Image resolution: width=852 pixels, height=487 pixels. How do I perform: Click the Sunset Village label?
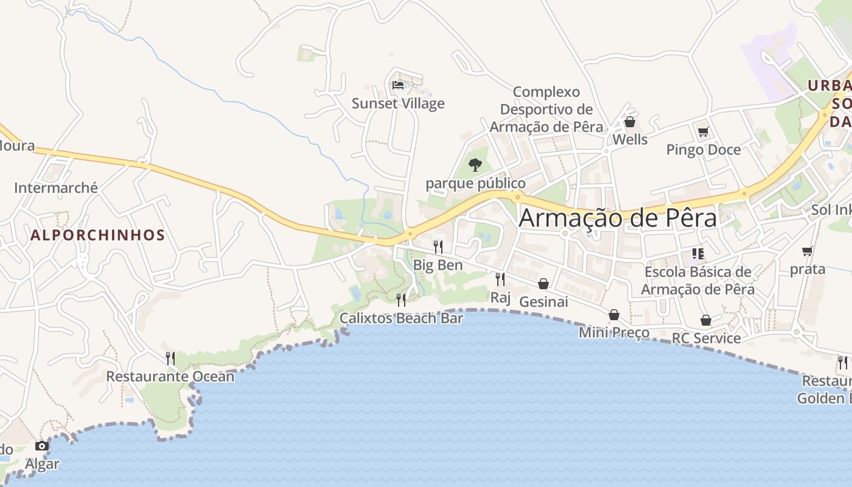tap(398, 103)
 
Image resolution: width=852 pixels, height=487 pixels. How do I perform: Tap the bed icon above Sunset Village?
tap(398, 85)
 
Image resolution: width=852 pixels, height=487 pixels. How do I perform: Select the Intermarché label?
tap(56, 187)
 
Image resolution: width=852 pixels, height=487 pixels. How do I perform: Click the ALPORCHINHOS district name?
tap(98, 235)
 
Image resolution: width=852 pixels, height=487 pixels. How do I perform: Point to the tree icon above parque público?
tap(475, 164)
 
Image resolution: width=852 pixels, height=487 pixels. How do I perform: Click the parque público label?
tap(475, 183)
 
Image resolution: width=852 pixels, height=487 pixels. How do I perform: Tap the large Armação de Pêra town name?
tap(618, 218)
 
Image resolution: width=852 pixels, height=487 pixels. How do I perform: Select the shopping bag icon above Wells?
tap(630, 122)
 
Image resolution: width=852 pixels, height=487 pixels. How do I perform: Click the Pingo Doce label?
tap(704, 150)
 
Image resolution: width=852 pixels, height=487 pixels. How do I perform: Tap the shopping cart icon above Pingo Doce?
tap(704, 131)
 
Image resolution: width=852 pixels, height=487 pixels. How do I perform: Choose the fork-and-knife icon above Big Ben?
tap(438, 247)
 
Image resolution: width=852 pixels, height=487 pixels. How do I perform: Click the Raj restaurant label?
tap(500, 298)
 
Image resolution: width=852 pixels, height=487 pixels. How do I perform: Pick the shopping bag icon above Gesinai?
tap(543, 284)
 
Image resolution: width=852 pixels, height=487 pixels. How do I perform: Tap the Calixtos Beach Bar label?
tap(401, 318)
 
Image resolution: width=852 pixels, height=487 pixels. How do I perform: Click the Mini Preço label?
tap(614, 332)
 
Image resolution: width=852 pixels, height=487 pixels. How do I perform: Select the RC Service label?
tap(706, 338)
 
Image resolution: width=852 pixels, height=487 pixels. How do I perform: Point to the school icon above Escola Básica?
tap(697, 253)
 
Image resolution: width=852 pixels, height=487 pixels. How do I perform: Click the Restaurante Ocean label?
tap(170, 376)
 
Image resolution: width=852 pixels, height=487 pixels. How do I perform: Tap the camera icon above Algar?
tap(42, 446)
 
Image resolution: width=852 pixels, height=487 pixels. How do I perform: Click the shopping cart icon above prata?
tap(808, 251)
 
